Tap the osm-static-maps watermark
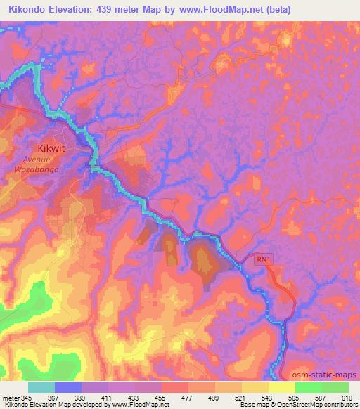(x=328, y=374)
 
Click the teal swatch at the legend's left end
(x=41, y=387)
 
